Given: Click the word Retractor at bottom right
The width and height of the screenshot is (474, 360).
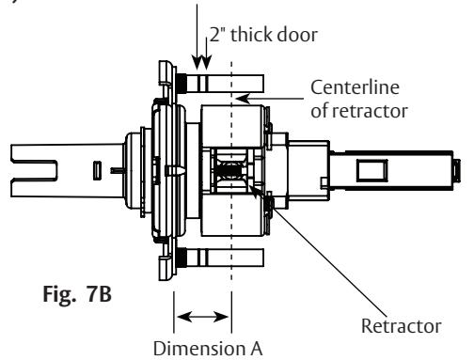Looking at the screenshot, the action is (x=402, y=326).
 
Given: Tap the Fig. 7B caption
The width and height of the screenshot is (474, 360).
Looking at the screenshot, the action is (x=77, y=294).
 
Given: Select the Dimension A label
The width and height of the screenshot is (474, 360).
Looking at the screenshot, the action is (x=208, y=349).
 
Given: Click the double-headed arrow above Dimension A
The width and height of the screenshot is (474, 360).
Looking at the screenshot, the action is (x=203, y=317).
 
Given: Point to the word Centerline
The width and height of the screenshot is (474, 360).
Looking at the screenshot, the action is (x=355, y=87).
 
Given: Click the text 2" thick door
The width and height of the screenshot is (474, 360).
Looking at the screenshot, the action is (x=263, y=35).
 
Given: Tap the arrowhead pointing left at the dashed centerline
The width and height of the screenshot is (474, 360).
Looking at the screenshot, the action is (x=242, y=99).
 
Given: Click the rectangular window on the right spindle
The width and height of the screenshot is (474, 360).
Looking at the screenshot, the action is (x=372, y=170).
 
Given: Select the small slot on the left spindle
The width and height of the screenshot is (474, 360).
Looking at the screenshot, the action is (x=97, y=171).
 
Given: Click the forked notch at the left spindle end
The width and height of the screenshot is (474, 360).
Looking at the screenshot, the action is (x=35, y=170).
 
